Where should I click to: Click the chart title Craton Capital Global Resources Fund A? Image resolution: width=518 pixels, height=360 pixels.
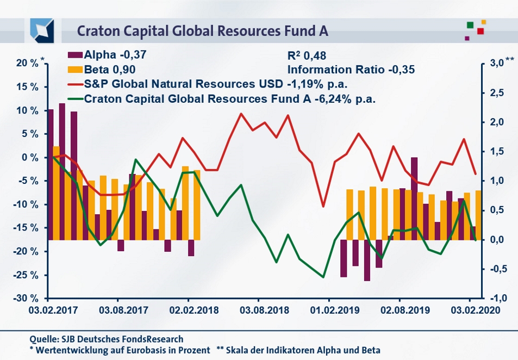tap(202, 30)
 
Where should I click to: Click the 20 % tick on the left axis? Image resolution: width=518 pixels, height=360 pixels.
tap(27, 64)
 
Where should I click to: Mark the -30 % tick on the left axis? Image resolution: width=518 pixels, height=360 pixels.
tap(26, 299)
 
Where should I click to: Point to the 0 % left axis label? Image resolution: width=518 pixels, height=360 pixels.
tap(30, 158)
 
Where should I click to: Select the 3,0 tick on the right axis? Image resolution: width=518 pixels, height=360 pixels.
tap(495, 64)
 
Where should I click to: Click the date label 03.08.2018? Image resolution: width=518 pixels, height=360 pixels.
tap(258, 311)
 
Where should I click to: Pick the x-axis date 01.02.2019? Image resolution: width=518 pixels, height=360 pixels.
tap(329, 311)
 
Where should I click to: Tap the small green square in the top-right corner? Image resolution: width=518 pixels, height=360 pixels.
tap(470, 24)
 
